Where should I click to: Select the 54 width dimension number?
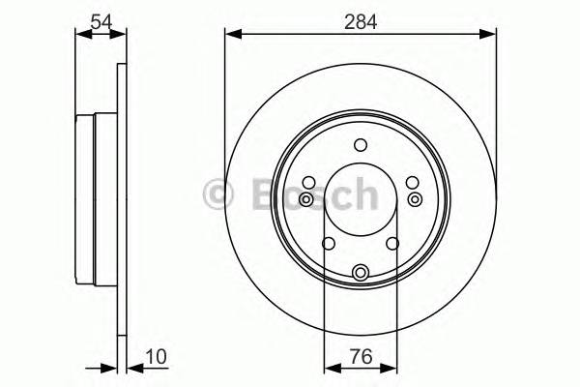click(x=101, y=19)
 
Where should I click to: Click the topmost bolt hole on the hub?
click(x=361, y=146)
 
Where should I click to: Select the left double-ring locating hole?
click(x=306, y=198)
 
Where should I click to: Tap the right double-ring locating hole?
click(x=416, y=198)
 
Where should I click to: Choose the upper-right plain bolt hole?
click(x=412, y=183)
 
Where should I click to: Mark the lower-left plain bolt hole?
click(x=329, y=243)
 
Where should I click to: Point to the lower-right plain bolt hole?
click(x=393, y=243)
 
